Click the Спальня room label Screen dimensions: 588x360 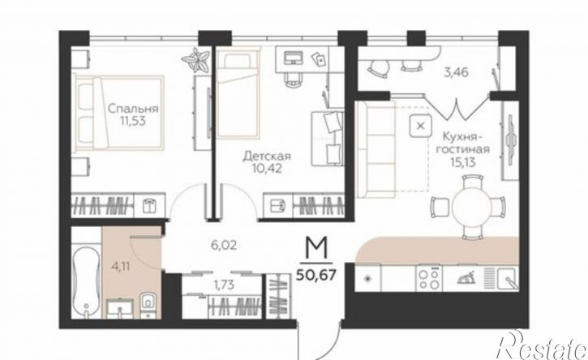[x=133, y=109]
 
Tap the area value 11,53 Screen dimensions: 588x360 [x=133, y=122]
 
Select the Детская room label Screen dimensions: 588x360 [x=267, y=156]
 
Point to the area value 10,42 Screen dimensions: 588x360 [x=267, y=169]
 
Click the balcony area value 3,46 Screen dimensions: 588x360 [x=456, y=72]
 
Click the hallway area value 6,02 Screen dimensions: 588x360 [x=224, y=246]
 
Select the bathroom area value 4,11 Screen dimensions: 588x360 [x=120, y=267]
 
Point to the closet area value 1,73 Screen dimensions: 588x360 [x=224, y=285]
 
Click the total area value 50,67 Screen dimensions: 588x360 [x=315, y=276]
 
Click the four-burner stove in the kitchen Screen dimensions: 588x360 [x=429, y=278]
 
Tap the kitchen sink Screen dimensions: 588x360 [x=509, y=278]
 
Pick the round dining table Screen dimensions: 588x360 [x=472, y=205]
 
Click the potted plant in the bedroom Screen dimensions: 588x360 [x=195, y=60]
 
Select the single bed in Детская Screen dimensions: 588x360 [x=238, y=95]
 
